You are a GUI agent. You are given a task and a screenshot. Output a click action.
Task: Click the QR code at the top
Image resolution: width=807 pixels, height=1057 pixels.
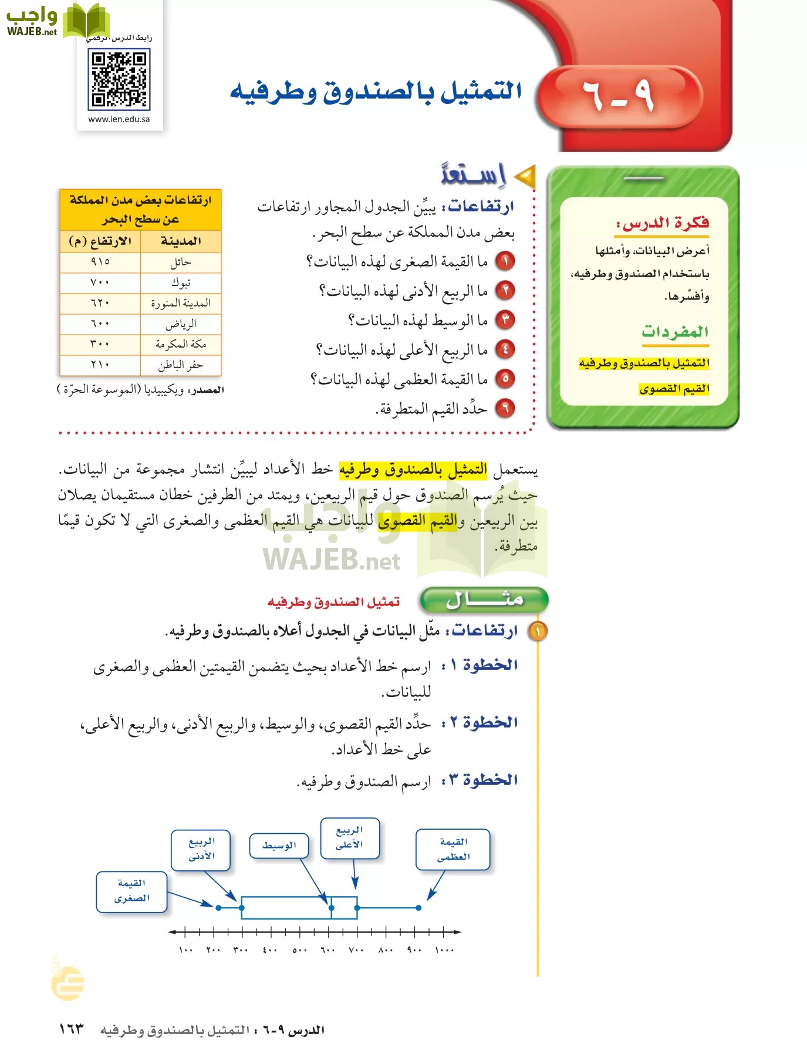(x=119, y=79)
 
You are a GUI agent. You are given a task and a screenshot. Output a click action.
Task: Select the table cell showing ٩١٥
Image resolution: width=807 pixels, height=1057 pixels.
(x=100, y=262)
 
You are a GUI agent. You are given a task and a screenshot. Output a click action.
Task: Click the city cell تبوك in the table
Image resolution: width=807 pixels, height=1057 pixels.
(x=181, y=282)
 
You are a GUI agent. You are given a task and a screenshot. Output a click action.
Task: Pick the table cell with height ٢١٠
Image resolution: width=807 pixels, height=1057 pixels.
(x=100, y=365)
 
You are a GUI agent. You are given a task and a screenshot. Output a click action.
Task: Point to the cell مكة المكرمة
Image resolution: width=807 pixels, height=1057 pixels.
(x=181, y=344)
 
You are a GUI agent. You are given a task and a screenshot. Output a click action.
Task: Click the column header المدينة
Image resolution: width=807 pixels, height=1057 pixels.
(x=181, y=241)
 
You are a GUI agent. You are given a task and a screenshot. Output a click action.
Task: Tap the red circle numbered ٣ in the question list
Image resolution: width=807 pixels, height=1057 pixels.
(x=505, y=320)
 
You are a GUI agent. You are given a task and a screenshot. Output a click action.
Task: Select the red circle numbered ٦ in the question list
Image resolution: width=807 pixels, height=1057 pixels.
(x=505, y=408)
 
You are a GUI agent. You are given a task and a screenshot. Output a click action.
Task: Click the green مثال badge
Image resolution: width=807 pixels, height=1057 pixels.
(x=484, y=600)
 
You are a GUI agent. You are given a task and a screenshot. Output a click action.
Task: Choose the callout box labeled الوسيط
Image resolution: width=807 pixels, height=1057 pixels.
(x=279, y=846)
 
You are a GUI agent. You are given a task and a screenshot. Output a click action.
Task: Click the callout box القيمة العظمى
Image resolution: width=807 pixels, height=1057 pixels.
(x=453, y=850)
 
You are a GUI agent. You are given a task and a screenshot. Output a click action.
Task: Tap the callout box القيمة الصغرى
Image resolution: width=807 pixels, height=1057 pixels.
(x=132, y=891)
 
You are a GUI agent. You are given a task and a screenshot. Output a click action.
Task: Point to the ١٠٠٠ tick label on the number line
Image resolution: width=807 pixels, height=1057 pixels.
(x=444, y=950)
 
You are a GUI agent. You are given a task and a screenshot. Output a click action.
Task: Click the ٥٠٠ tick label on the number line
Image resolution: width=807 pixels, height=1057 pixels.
(x=299, y=950)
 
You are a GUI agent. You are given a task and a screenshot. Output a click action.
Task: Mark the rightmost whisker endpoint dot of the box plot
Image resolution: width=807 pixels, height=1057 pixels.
(x=418, y=908)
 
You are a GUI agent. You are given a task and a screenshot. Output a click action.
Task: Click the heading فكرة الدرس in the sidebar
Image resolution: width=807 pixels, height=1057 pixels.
(x=663, y=223)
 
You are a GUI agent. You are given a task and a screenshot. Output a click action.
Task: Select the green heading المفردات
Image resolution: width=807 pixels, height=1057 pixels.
(x=675, y=332)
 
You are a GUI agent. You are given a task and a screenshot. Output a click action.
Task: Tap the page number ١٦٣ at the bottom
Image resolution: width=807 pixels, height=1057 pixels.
(x=72, y=1029)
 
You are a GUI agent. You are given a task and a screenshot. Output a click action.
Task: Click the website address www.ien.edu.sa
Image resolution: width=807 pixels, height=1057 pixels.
(x=119, y=119)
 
